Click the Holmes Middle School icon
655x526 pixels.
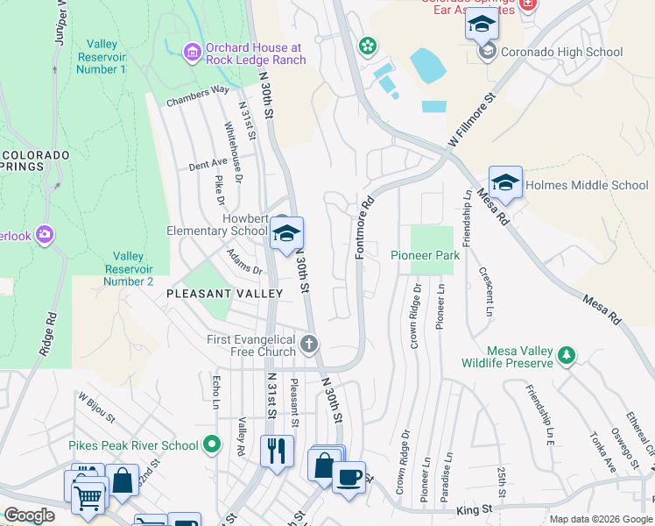point(505,183)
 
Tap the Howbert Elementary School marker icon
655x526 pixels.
point(286,234)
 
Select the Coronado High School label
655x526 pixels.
point(561,53)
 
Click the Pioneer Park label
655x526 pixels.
point(425,255)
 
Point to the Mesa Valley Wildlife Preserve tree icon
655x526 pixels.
point(567,354)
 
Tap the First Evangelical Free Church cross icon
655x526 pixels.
point(309,345)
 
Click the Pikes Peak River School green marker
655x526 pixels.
point(210,445)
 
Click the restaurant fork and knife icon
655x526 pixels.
point(278,451)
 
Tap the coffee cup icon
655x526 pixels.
point(349,477)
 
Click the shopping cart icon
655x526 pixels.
point(88,498)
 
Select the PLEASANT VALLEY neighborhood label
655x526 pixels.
point(225,294)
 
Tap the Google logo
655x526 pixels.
point(30,515)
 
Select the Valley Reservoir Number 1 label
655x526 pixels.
point(102,57)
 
